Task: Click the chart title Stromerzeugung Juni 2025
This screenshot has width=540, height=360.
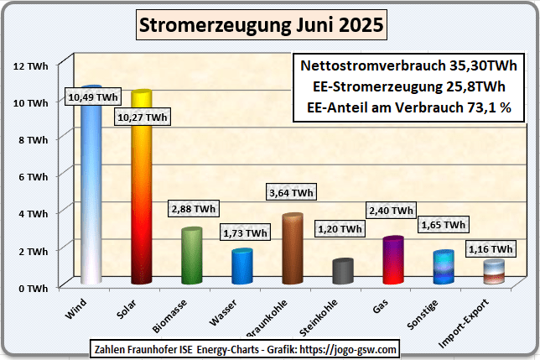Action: [x=261, y=26]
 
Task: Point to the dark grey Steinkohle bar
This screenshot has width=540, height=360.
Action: [x=343, y=272]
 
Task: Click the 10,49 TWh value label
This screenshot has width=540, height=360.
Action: [x=93, y=97]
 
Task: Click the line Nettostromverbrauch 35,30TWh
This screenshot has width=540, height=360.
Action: [x=409, y=65]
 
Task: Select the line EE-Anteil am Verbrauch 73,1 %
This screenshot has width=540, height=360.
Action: [x=409, y=107]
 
